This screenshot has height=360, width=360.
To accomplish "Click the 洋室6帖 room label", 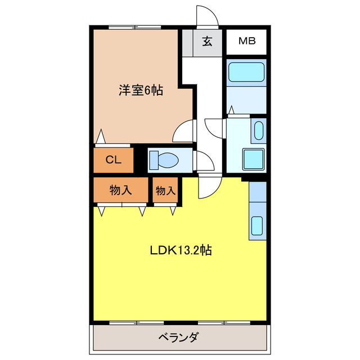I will tap(141, 90).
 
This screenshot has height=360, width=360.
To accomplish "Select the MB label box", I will tap(246, 41).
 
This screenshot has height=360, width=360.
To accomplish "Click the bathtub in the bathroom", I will tap(246, 72).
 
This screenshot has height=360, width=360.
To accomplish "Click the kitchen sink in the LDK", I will tap(256, 226).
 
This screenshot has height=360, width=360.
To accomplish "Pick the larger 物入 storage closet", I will tap(120, 190).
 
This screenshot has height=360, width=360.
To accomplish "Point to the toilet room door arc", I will tap(203, 161).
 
